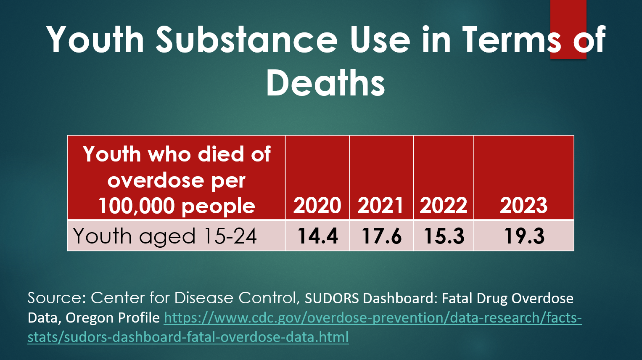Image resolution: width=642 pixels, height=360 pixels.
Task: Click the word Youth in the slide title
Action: [95, 40]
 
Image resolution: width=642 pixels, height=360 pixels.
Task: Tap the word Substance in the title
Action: [247, 40]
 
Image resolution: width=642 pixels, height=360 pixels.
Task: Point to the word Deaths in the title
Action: [325, 83]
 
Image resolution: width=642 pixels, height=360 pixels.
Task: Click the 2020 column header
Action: [317, 205]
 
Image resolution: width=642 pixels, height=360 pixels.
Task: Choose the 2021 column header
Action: [380, 205]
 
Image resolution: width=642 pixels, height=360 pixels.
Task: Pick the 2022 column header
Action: [444, 205]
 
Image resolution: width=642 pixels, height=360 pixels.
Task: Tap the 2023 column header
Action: [523, 205]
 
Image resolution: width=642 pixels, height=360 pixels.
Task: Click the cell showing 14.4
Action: [317, 236]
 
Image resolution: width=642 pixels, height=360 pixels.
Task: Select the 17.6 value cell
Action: [381, 236]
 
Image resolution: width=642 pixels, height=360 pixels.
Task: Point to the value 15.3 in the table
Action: [444, 236]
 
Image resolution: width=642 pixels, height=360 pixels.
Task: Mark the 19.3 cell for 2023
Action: [524, 236]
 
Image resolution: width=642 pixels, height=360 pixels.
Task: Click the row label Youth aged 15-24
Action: [165, 236]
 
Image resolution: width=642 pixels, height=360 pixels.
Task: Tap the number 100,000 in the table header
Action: [136, 206]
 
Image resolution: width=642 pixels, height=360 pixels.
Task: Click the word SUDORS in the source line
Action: [332, 298]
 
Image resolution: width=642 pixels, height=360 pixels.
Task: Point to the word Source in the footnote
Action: [57, 298]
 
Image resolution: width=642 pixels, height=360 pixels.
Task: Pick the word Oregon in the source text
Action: [89, 318]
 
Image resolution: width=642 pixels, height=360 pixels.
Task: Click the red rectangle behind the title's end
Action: [568, 13]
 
